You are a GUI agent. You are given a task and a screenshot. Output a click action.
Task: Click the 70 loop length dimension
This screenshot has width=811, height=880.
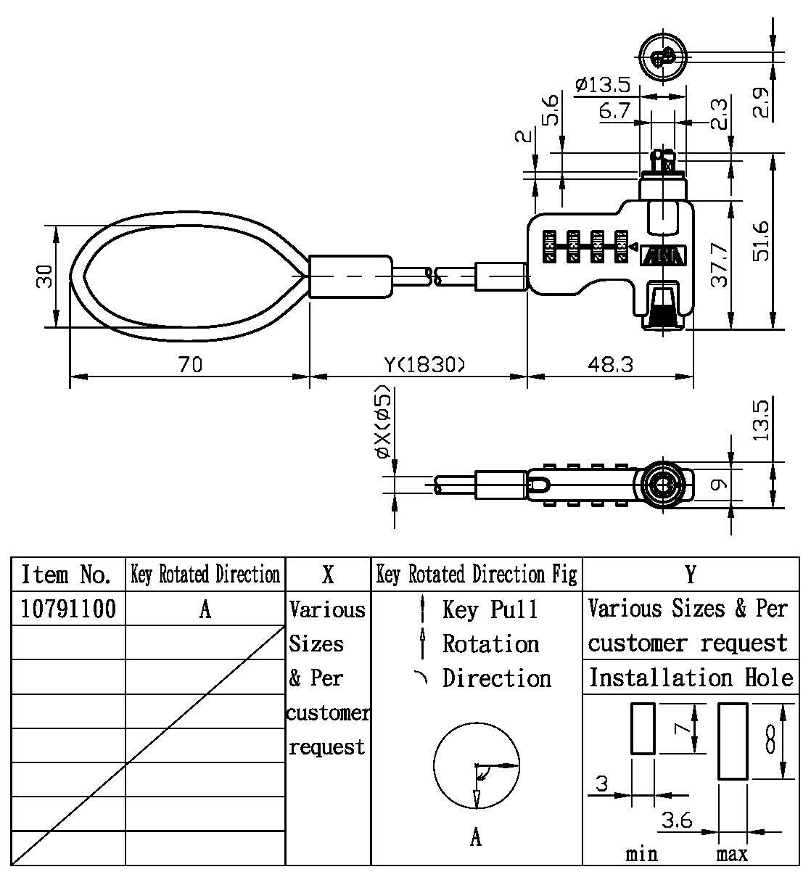pyautogui.click(x=190, y=364)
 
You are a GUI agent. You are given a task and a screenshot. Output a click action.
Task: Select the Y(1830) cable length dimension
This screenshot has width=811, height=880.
pyautogui.click(x=424, y=364)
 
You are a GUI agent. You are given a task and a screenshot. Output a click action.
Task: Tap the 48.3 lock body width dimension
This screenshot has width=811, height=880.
pyautogui.click(x=609, y=364)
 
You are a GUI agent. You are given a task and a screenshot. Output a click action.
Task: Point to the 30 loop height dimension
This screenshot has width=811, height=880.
pyautogui.click(x=45, y=276)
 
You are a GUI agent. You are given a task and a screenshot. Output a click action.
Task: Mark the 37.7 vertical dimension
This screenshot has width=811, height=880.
pyautogui.click(x=718, y=264)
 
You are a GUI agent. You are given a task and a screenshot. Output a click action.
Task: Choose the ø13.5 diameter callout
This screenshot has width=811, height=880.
pyautogui.click(x=603, y=85)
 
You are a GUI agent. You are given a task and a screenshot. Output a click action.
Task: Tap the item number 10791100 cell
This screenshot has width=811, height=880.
pyautogui.click(x=68, y=608)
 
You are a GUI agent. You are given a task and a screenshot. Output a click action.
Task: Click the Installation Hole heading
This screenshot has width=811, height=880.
pyautogui.click(x=691, y=678)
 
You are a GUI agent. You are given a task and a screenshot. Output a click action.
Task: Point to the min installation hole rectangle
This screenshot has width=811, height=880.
pyautogui.click(x=643, y=728)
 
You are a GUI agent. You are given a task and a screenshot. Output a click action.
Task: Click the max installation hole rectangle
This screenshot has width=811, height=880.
pyautogui.click(x=733, y=741)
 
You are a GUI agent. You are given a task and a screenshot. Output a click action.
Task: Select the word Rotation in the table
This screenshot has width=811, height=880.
pyautogui.click(x=491, y=643)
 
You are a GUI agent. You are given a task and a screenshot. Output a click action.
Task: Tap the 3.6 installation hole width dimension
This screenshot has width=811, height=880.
pyautogui.click(x=677, y=820)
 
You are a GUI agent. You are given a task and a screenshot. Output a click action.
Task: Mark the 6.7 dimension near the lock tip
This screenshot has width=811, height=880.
pyautogui.click(x=614, y=111)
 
